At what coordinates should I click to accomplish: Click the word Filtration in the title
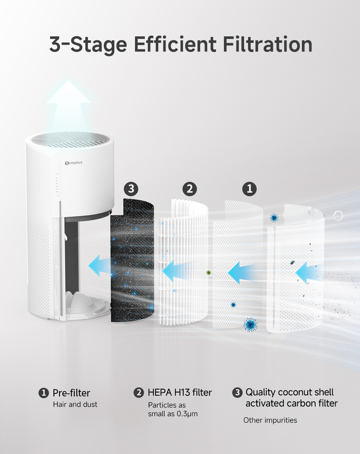pos(267,44)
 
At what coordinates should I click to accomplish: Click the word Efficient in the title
pos(175,44)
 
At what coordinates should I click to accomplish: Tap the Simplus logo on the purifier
pos(73,163)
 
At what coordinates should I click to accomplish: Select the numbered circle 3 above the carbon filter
pos(131,189)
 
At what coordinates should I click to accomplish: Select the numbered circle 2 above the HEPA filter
pos(190,189)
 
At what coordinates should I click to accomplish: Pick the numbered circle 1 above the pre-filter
pos(249,189)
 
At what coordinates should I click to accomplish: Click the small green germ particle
pos(208,273)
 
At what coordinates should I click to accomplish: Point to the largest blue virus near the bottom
pos(250,324)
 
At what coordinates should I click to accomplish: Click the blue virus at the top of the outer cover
pos(274,217)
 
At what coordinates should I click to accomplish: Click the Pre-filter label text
pos(71,393)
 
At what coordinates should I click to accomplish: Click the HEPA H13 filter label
pos(180,392)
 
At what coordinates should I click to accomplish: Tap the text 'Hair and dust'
pos(75,405)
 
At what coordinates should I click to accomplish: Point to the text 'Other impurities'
pos(270,420)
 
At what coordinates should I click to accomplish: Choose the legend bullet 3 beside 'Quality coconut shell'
pos(237,392)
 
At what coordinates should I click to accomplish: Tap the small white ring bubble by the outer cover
pos(338,216)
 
